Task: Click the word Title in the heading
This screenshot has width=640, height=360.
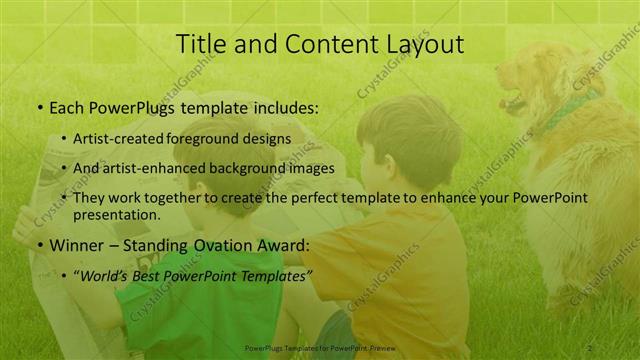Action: (x=199, y=45)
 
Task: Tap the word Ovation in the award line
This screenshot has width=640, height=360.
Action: (x=228, y=245)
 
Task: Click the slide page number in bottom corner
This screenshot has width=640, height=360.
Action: (x=590, y=348)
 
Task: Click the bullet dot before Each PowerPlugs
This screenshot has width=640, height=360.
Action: (x=39, y=106)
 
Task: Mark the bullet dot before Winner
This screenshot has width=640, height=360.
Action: (x=39, y=245)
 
